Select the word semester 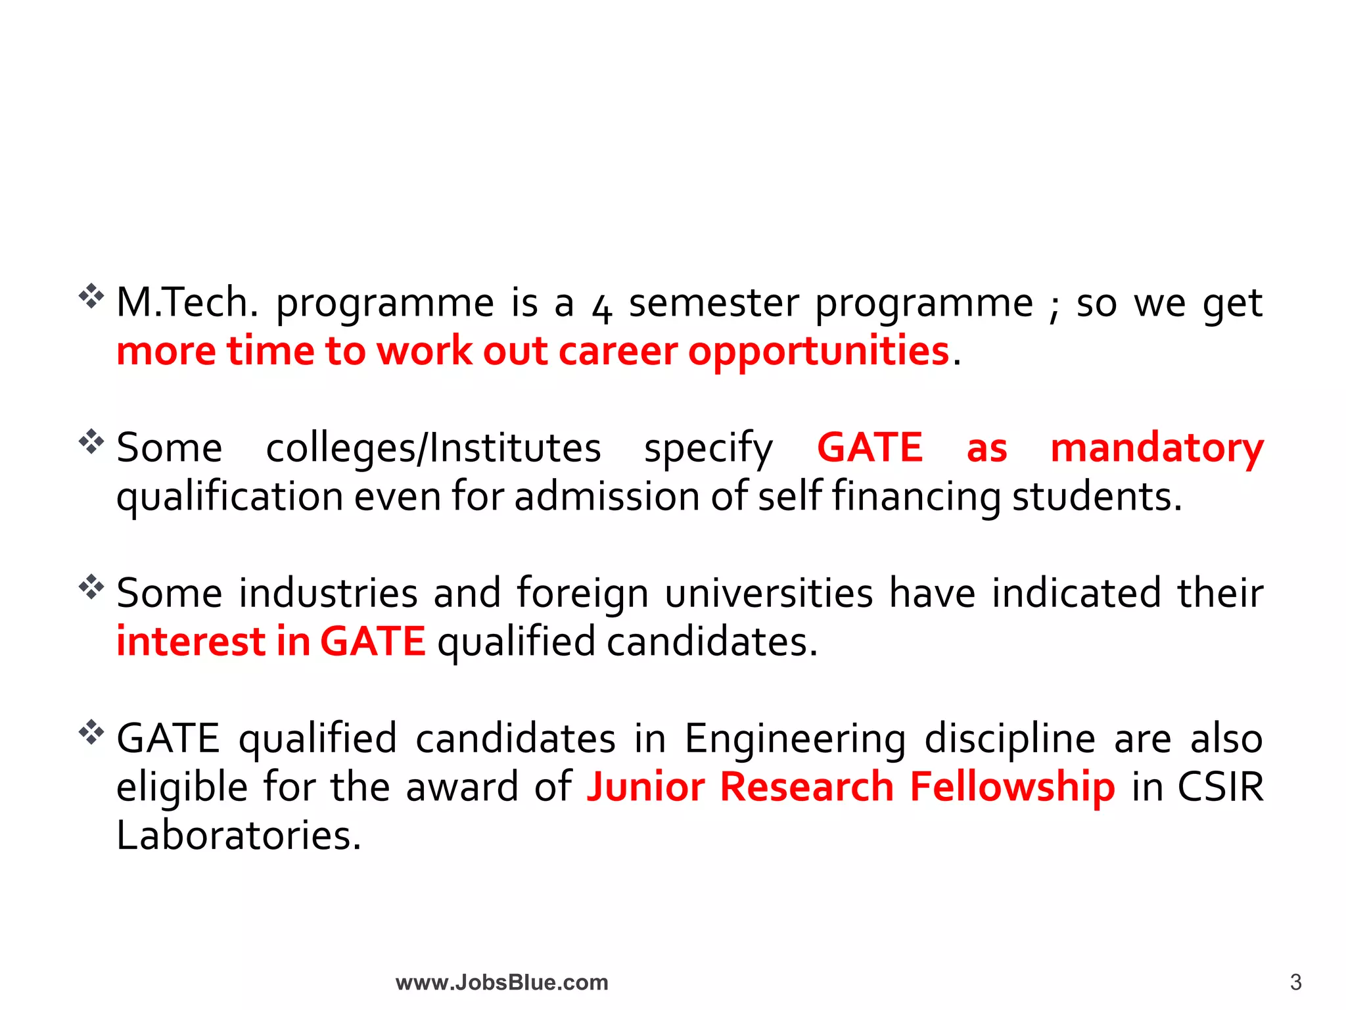coord(714,303)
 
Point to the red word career coord(618,352)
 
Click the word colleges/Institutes coord(433,448)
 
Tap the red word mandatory coord(1157,448)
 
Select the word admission coord(607,496)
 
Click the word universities coord(769,593)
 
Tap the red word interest coord(191,642)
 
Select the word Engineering coord(795,739)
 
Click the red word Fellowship coord(1012,787)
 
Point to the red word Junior coord(645,787)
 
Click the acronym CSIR coord(1220,787)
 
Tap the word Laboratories coord(239,836)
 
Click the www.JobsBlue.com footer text coord(502,982)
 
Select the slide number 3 coord(1295,982)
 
